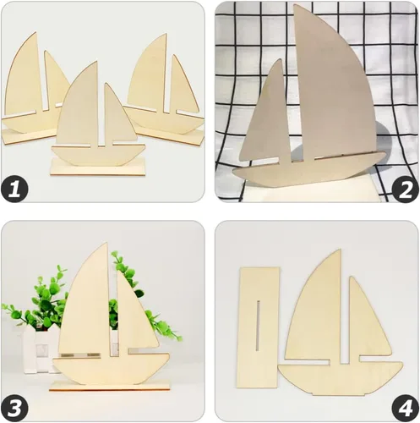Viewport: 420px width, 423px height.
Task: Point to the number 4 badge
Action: [402, 404]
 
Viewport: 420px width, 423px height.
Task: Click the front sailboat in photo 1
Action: [93, 127]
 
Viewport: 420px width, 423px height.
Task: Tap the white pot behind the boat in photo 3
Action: [38, 347]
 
